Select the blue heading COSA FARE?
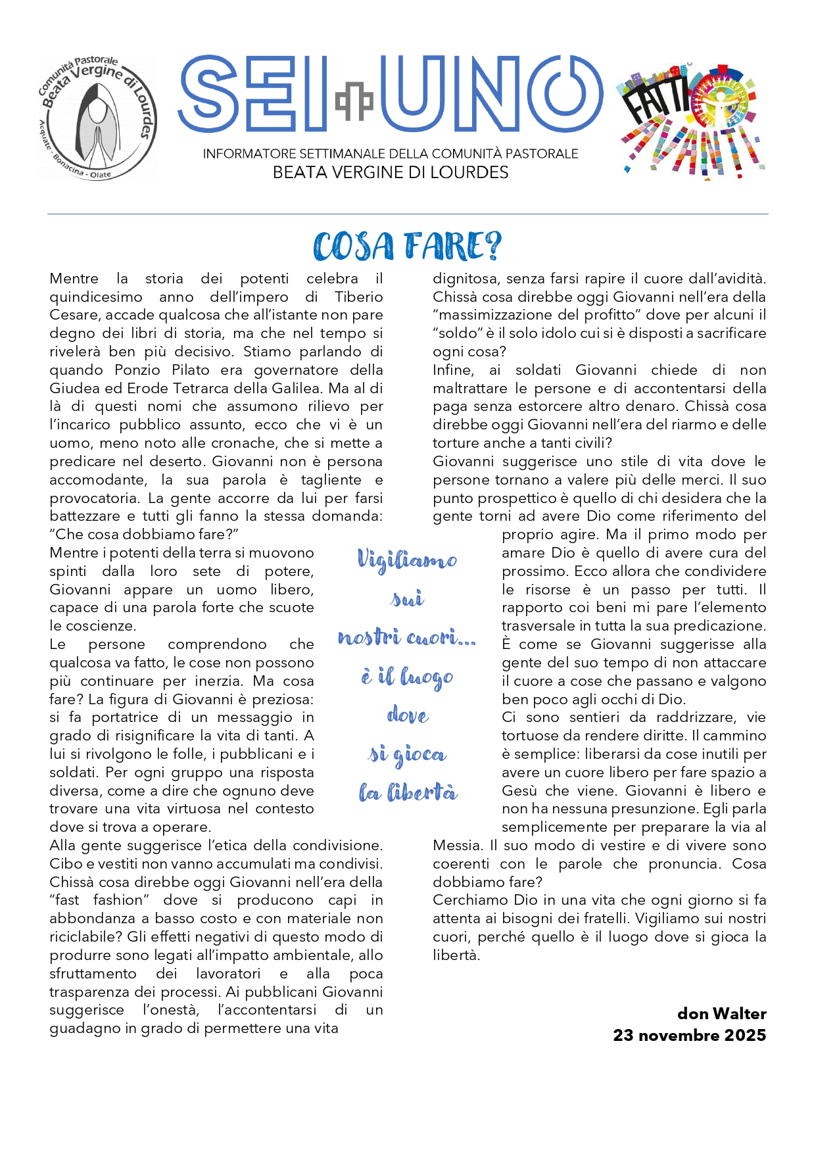coord(408,247)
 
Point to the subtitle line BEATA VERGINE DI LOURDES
coord(391,173)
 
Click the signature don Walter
coord(721,1013)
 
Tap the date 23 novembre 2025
coord(689,1035)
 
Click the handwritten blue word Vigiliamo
coord(407,560)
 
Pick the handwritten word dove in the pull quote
coord(408,715)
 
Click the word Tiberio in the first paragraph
coord(358,297)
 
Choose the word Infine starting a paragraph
coord(452,370)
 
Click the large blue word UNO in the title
coord(491,93)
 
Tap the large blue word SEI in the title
coord(253,93)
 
